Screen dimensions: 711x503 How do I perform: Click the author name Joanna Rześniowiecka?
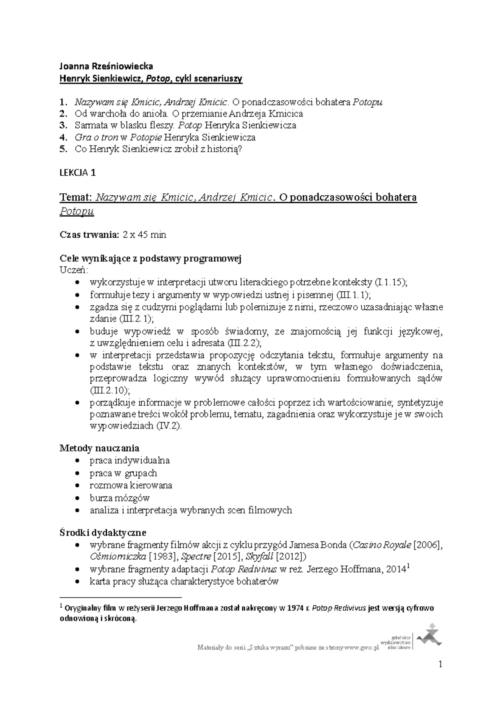pyautogui.click(x=106, y=66)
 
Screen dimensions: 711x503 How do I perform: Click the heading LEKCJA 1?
pyautogui.click(x=78, y=173)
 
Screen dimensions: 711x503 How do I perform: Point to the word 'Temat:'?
pyautogui.click(x=75, y=197)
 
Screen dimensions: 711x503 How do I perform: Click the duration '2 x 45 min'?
pyautogui.click(x=145, y=235)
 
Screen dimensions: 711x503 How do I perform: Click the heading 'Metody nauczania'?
pyautogui.click(x=99, y=448)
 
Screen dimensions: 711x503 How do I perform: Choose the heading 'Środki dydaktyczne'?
pyautogui.click(x=103, y=533)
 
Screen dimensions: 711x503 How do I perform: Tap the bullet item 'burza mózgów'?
pyautogui.click(x=119, y=498)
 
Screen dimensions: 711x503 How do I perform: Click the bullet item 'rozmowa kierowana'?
pyautogui.click(x=131, y=485)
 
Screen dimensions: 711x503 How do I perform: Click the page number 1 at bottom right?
pyautogui.click(x=440, y=664)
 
